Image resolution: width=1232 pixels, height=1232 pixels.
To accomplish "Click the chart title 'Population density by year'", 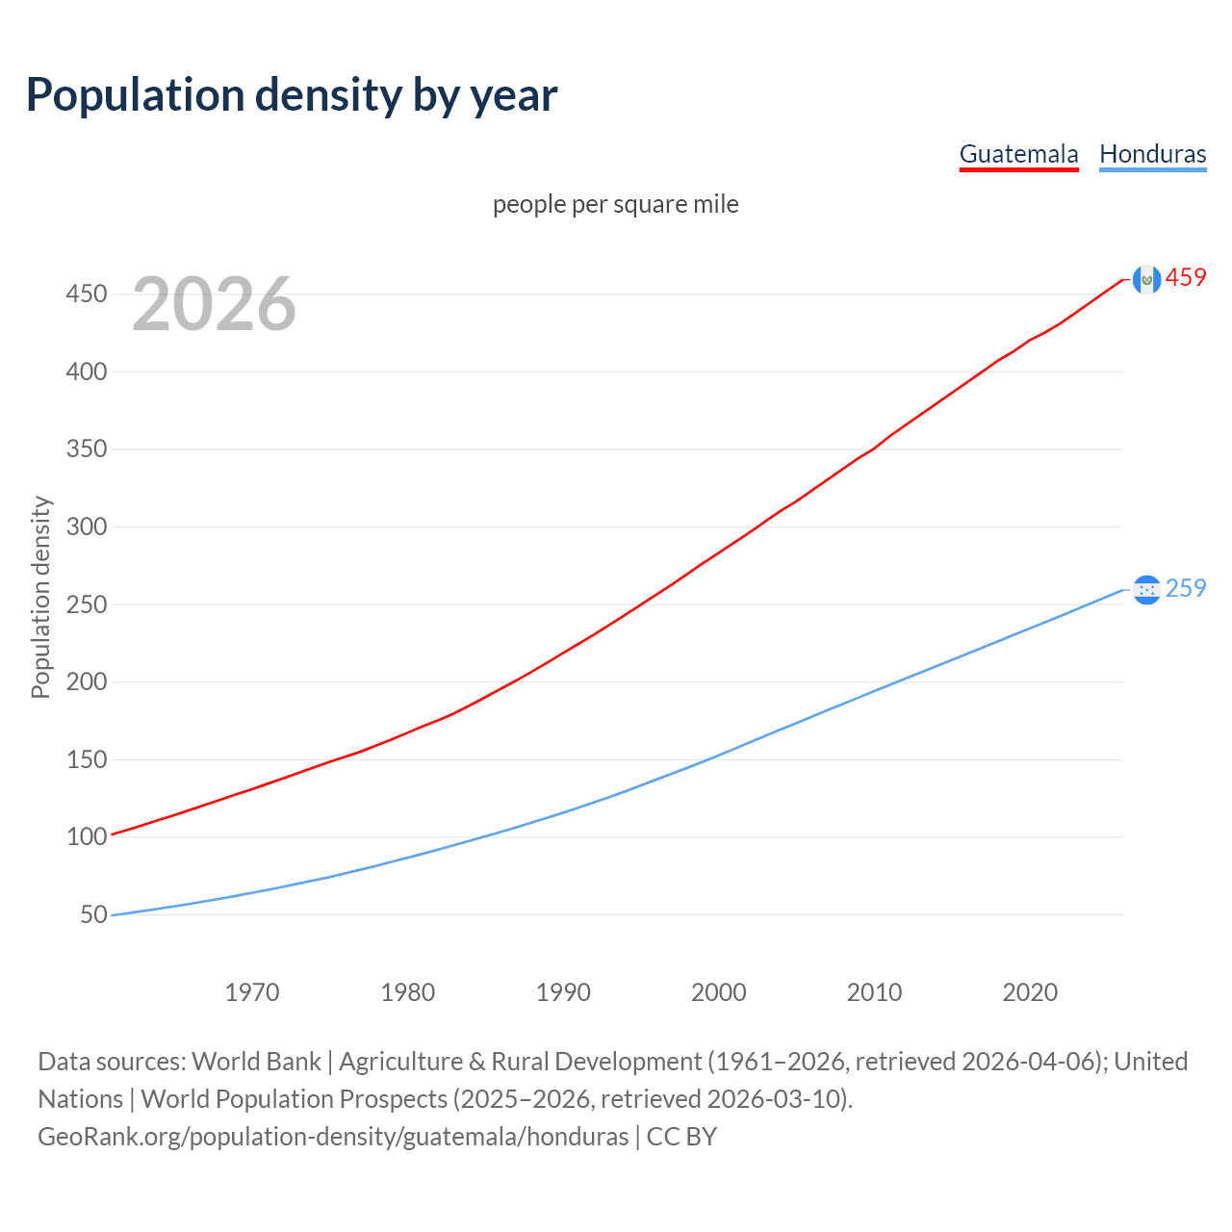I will (x=292, y=95).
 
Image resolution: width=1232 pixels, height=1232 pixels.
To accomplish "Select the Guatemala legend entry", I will (x=1018, y=154).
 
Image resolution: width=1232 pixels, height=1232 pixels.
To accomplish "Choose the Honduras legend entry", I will (x=1152, y=154).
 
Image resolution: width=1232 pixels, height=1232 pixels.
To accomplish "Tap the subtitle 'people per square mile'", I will (x=615, y=204).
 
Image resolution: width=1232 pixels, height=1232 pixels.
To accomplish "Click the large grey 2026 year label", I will (x=214, y=304).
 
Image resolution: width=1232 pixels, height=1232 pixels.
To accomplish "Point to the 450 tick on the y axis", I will (x=87, y=294).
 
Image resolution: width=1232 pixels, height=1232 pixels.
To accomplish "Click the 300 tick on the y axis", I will (x=87, y=526).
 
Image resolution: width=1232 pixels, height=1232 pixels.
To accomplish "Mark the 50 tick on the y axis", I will (x=93, y=914).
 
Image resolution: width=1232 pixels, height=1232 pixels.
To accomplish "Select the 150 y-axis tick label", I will (x=87, y=759).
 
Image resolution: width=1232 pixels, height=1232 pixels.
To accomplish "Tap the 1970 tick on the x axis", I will (x=252, y=992).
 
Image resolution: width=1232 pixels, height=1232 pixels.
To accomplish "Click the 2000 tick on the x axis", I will (x=719, y=992).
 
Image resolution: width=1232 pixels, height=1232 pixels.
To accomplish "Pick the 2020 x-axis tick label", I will (x=1030, y=992).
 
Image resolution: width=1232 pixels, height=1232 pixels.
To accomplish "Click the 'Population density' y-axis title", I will (x=40, y=597).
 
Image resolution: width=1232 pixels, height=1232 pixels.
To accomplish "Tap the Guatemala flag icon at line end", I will (x=1146, y=279).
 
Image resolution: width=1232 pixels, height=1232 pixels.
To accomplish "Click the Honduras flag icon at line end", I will (x=1146, y=589).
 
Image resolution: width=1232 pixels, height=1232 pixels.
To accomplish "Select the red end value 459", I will (x=1186, y=278).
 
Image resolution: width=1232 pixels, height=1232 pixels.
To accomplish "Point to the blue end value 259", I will (x=1186, y=588).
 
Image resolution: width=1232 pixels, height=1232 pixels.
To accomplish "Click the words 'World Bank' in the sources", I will (x=256, y=1062).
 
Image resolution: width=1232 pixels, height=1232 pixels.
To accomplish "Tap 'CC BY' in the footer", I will (x=681, y=1137).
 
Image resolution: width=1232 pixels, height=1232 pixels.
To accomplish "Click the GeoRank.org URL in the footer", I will (x=333, y=1137).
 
